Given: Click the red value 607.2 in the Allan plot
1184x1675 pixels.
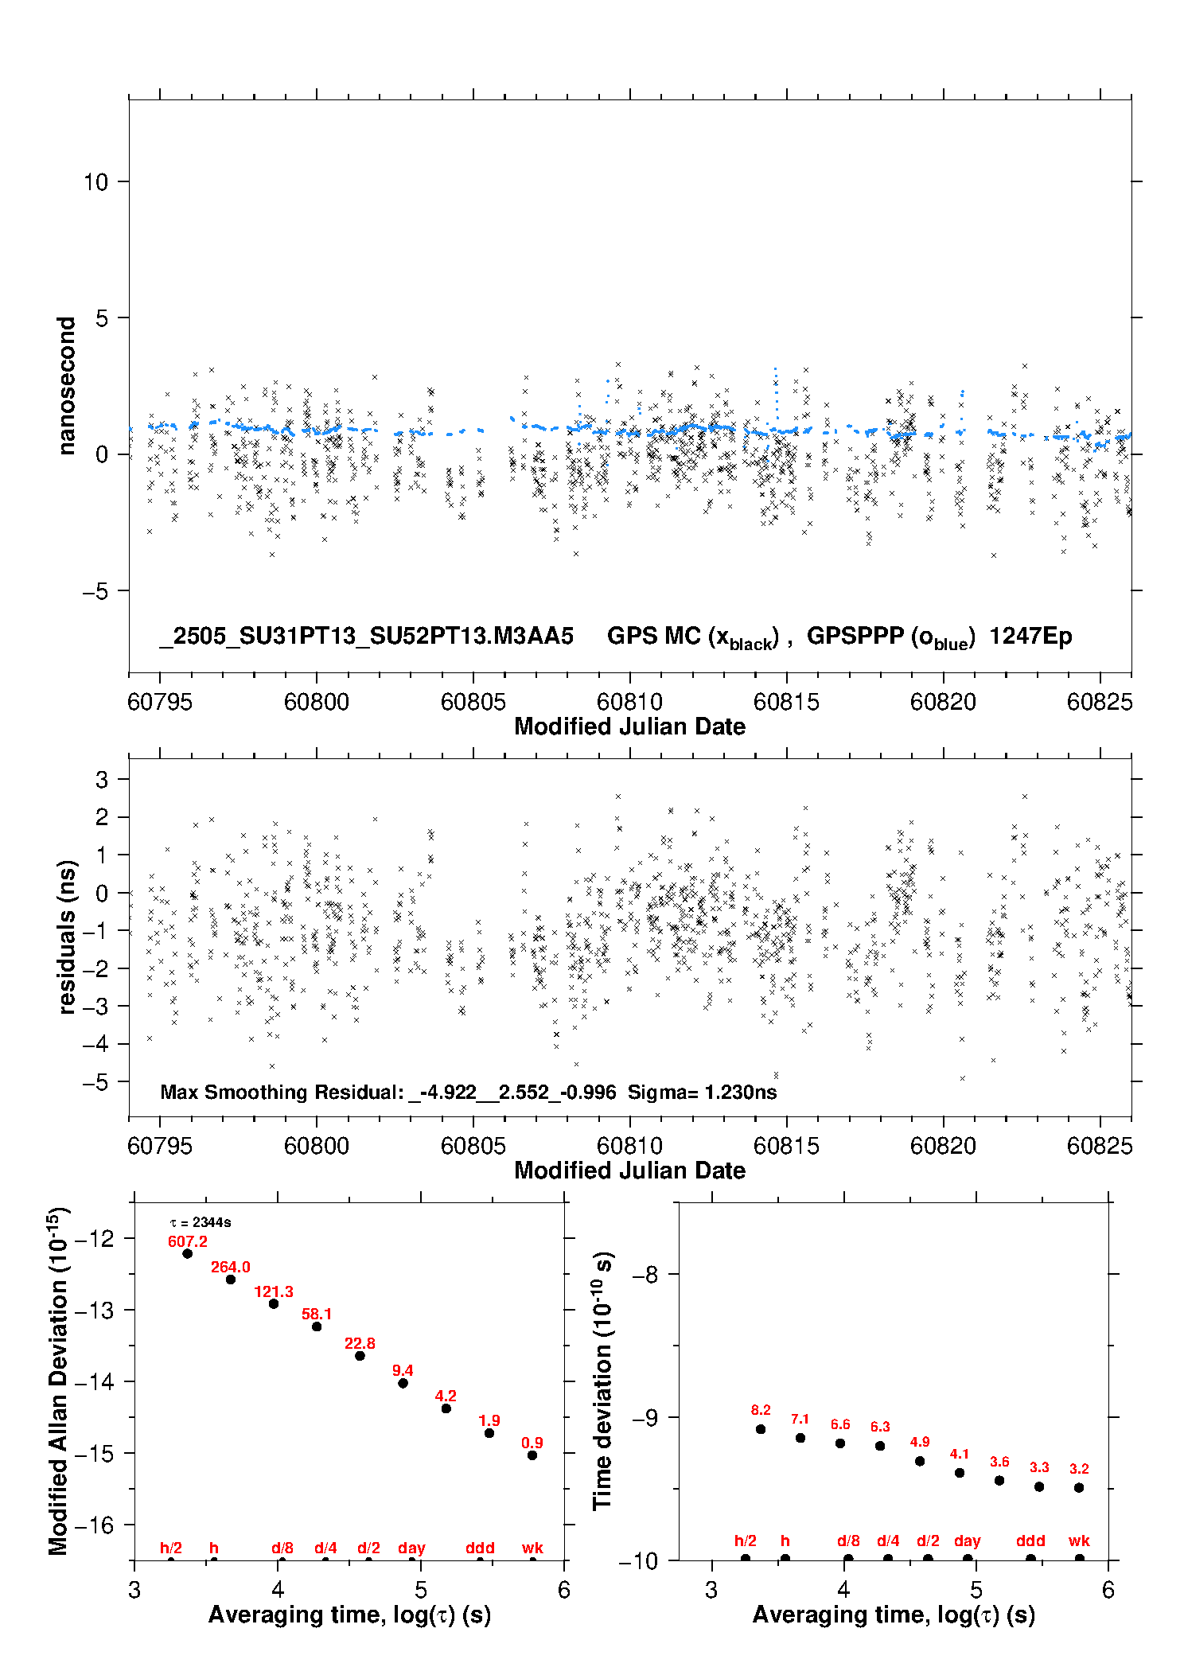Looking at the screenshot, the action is tap(188, 1241).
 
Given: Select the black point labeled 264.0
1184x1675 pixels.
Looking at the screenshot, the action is tap(231, 1280).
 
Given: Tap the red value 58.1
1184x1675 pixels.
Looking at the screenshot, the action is tap(317, 1314).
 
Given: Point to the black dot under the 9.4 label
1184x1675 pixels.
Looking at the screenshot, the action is tap(403, 1383).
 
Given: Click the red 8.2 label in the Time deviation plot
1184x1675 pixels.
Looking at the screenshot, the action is tap(761, 1410).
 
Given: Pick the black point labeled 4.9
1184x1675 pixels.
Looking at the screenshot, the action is tap(920, 1461).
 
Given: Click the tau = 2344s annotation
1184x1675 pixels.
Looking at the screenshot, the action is tap(201, 1222).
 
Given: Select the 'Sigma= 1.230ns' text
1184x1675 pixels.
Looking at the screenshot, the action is tap(702, 1092).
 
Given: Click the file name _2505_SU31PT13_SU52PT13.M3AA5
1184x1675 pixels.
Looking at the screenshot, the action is tap(366, 636).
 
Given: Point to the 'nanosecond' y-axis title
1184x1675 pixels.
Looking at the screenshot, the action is tap(67, 386).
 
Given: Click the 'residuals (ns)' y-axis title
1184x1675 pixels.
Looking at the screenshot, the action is tap(67, 937).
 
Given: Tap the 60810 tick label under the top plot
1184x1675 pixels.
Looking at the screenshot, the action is tap(629, 702).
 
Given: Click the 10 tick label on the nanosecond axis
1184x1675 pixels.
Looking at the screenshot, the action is tap(95, 182).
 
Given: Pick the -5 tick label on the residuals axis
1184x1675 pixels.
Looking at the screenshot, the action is tap(95, 1082).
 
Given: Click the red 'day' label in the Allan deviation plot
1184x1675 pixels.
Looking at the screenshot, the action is tap(411, 1548).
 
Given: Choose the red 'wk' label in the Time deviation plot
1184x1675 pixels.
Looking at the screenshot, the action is tap(1079, 1541).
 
